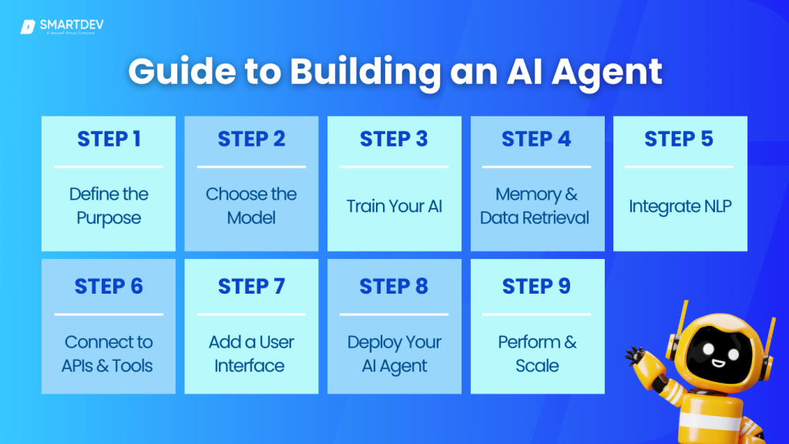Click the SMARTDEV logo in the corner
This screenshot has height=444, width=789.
62,27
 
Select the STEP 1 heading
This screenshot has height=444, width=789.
109,140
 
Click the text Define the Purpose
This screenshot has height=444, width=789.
109,206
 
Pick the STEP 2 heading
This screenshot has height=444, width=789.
251,140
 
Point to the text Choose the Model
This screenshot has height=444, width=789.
251,206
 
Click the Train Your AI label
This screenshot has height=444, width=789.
394,206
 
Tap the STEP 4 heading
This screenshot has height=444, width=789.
536,140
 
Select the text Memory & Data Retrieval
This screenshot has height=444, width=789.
536,206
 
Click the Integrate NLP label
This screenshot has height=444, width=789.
680,206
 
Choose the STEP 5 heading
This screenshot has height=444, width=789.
680,140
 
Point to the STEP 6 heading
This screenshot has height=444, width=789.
109,287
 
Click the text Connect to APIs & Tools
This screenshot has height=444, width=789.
109,353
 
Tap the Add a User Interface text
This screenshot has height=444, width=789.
251,353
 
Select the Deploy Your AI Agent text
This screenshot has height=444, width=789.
394,353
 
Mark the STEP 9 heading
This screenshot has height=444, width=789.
536,287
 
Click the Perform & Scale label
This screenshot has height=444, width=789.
536,353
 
